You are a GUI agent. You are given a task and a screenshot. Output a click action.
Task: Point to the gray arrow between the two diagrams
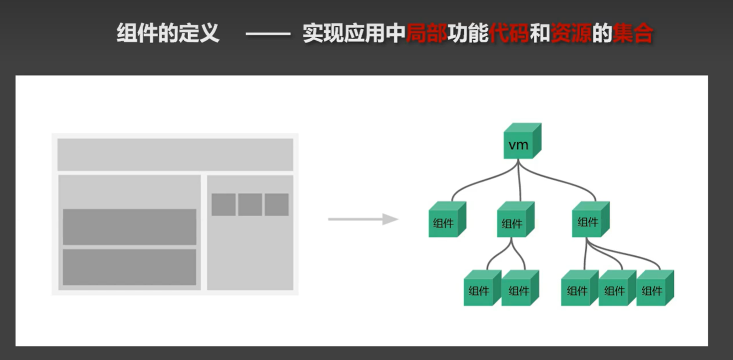(x=363, y=219)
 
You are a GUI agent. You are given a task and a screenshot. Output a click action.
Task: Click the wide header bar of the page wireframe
(x=175, y=154)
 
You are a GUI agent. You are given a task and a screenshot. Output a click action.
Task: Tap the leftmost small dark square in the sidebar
(x=223, y=205)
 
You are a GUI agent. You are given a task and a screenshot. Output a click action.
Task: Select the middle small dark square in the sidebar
(x=250, y=205)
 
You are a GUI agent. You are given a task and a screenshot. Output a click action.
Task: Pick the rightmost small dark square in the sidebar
(x=276, y=205)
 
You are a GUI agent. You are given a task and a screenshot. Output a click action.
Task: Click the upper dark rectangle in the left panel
(x=129, y=227)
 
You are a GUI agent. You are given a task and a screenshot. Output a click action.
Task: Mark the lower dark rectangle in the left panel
(x=129, y=267)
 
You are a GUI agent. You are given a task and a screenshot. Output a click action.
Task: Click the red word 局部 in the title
(x=426, y=34)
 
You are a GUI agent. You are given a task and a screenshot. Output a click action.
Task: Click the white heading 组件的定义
(x=168, y=34)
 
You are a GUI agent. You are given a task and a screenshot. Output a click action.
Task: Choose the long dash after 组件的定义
(x=267, y=35)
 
